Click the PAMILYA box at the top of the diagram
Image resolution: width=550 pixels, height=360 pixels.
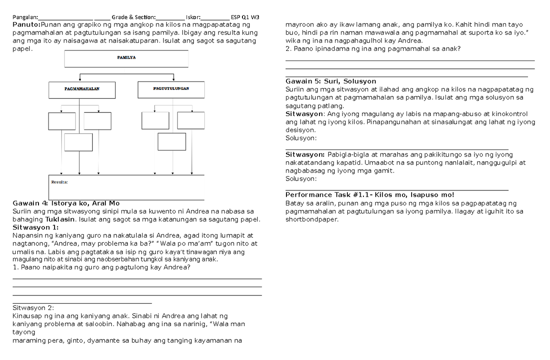coord(126,58)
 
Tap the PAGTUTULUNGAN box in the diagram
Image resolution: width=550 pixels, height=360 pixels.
coord(170,89)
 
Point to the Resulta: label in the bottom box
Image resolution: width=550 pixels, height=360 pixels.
coord(59,182)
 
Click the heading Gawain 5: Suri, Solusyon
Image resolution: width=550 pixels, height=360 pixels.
coord(330,81)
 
